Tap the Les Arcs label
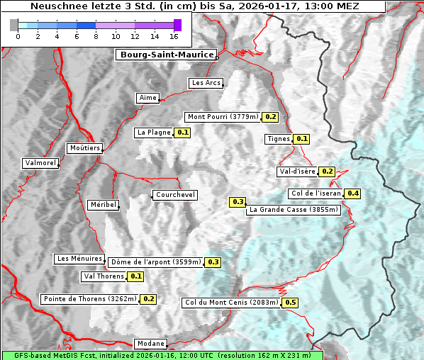click(206, 83)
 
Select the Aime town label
click(148, 98)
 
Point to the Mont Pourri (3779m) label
click(223, 117)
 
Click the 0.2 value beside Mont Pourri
click(270, 117)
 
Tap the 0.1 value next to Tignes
click(301, 139)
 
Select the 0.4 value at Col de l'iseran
click(352, 193)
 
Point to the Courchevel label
click(174, 195)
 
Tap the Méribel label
click(103, 205)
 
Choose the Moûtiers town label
click(84, 148)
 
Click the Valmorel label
click(40, 163)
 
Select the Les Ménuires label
click(79, 259)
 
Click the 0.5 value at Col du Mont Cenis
click(290, 303)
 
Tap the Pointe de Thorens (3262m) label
click(89, 299)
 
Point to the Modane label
click(150, 344)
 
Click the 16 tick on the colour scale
click(174, 36)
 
